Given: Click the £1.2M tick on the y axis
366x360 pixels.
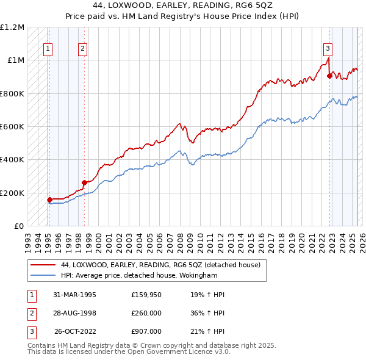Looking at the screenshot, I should (x=12, y=27).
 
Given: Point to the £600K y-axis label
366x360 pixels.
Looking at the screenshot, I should (x=12, y=127).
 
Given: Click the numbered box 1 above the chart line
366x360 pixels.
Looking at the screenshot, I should (x=48, y=50).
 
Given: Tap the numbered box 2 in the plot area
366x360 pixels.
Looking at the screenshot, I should (x=82, y=50).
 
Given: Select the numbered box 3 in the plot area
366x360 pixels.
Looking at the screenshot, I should (x=328, y=50).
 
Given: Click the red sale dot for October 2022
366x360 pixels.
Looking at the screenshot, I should (x=329, y=76).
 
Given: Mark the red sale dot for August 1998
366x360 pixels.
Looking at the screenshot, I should (x=84, y=182).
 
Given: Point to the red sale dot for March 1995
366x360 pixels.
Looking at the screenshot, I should (x=49, y=200).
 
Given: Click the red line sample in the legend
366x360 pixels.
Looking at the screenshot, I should (x=42, y=265).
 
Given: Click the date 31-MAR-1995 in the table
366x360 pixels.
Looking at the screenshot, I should (x=74, y=295).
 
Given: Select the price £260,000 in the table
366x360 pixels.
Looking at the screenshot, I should (x=146, y=313).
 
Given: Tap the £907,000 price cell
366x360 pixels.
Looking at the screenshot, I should (x=146, y=331).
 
